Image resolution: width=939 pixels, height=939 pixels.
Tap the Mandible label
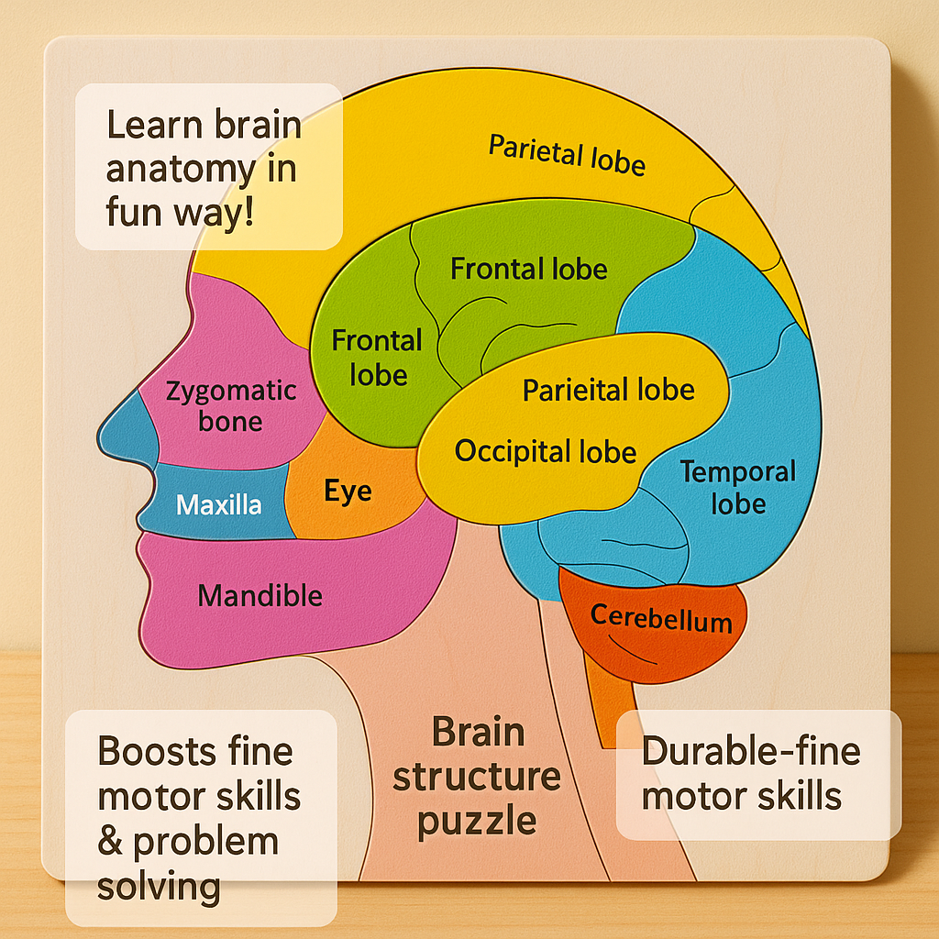click(x=260, y=596)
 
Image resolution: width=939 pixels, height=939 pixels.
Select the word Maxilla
click(x=218, y=504)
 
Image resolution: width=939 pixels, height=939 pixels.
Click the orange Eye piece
click(x=348, y=491)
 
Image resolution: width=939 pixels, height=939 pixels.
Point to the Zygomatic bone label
click(x=231, y=406)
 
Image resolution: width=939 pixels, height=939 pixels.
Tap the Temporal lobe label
click(x=737, y=488)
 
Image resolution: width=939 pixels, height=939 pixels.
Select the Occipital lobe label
click(x=546, y=451)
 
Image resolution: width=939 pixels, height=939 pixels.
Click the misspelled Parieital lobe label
click(x=608, y=390)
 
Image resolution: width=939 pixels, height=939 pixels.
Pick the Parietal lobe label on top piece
click(x=567, y=154)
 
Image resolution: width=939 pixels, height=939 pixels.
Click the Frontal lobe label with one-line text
click(x=529, y=269)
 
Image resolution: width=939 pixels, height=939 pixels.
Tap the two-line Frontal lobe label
click(x=376, y=358)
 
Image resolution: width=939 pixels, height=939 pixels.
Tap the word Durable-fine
click(x=751, y=751)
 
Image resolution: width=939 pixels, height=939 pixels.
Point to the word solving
click(x=159, y=886)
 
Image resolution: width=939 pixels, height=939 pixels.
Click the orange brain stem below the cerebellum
click(x=605, y=697)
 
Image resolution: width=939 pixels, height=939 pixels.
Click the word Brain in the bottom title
click(x=478, y=733)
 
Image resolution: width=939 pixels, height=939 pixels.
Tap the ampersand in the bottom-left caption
click(x=111, y=842)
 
